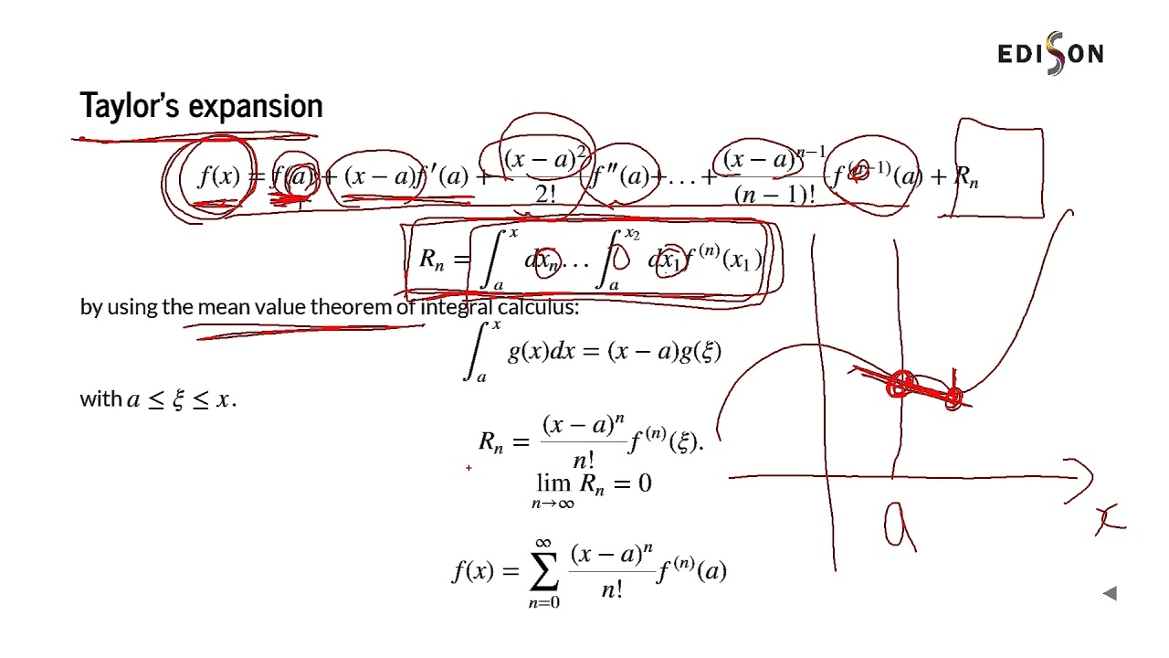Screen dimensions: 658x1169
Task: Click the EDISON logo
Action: [1050, 54]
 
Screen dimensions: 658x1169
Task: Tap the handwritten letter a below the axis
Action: [899, 527]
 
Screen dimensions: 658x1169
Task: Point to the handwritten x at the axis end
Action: [1111, 520]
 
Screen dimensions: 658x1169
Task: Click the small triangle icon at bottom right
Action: [1110, 594]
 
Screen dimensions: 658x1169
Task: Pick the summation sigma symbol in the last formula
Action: [543, 571]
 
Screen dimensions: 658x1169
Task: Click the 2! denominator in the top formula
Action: [546, 194]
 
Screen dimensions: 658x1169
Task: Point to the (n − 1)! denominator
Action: [774, 195]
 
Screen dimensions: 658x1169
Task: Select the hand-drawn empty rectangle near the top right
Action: [999, 171]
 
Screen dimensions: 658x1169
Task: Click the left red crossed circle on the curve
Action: [900, 385]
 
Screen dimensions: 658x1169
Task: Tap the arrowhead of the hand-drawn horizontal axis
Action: [1087, 476]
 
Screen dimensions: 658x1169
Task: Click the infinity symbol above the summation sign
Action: [543, 542]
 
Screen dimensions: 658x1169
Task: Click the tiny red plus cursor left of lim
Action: [469, 468]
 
